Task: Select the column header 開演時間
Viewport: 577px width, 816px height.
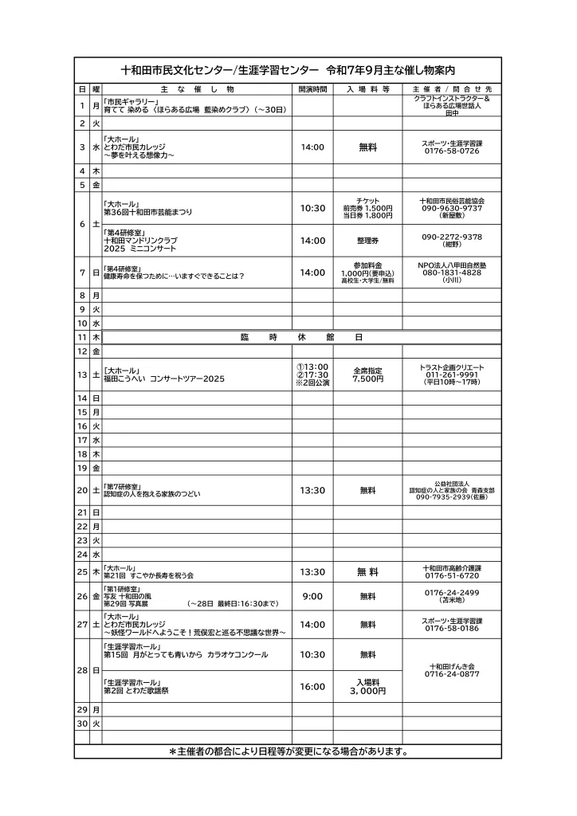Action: (x=312, y=88)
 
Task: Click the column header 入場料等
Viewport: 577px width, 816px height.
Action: (x=367, y=88)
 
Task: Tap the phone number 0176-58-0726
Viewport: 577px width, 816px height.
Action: (x=452, y=151)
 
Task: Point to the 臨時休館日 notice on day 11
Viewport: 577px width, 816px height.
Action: (x=301, y=338)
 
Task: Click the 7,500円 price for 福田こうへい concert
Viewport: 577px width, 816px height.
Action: (x=367, y=379)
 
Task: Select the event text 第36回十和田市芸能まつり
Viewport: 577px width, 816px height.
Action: (x=147, y=213)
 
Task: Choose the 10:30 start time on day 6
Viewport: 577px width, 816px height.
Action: (x=312, y=208)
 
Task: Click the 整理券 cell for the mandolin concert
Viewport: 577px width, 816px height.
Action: (x=367, y=241)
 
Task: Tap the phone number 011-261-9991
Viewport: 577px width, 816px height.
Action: (x=452, y=375)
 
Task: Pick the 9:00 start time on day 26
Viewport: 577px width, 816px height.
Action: (x=312, y=596)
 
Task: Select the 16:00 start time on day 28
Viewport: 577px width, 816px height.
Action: (x=312, y=686)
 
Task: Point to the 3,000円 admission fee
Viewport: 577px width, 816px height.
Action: (x=367, y=692)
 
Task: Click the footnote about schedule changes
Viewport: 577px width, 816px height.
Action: (x=288, y=751)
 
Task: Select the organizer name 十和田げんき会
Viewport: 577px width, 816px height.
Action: (x=452, y=665)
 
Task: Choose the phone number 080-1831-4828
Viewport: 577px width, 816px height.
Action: (x=452, y=273)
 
